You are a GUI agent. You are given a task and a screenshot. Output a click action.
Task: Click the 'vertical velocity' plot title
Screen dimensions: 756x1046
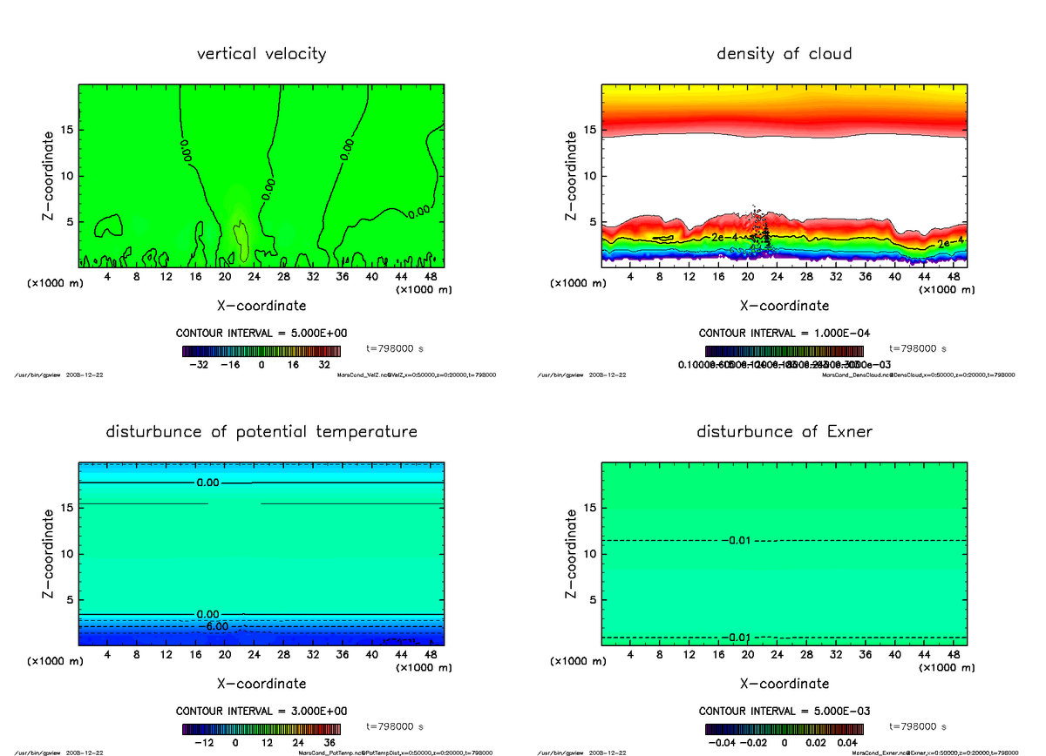click(261, 54)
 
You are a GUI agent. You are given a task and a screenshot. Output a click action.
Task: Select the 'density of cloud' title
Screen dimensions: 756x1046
click(784, 54)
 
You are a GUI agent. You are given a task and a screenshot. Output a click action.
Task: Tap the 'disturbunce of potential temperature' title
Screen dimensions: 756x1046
click(261, 432)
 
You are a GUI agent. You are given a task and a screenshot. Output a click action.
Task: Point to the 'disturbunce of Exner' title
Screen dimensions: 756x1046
click(784, 432)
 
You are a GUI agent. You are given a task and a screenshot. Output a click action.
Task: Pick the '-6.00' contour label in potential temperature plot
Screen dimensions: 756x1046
click(216, 626)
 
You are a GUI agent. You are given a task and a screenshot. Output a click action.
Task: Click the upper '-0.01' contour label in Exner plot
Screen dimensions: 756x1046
click(737, 541)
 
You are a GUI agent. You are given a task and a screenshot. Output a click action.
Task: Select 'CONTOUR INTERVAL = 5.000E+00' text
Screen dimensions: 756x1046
click(261, 334)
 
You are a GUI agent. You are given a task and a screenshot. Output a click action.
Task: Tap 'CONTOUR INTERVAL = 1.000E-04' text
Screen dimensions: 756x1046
click(784, 334)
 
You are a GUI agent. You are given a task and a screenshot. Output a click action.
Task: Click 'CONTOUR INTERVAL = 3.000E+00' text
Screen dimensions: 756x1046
click(261, 712)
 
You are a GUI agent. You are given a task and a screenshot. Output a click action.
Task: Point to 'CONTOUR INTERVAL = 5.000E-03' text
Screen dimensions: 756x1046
click(784, 712)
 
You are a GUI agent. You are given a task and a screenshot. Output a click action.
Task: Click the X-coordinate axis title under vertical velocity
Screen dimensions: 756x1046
click(261, 306)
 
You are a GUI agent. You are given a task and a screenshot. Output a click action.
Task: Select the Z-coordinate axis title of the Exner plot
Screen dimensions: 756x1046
click(572, 555)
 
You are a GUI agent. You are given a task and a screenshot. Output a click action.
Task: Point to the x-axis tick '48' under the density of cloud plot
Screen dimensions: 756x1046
click(954, 277)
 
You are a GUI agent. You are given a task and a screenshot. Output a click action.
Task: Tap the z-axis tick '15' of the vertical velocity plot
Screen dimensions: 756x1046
click(67, 131)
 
